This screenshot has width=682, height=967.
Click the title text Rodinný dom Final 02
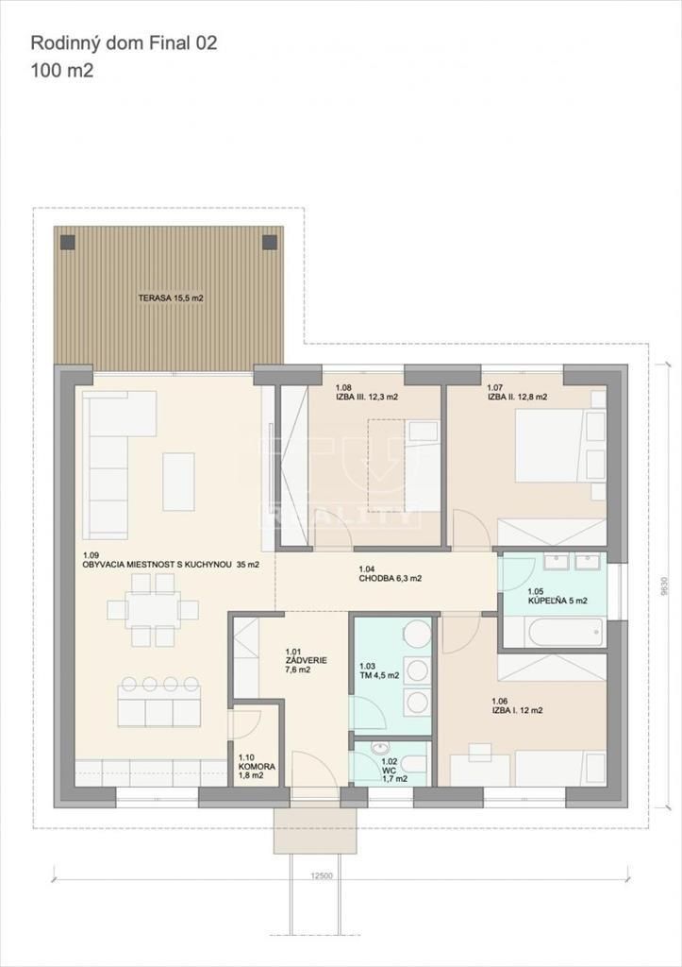coord(124,43)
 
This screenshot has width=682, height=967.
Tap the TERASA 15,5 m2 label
coord(171,297)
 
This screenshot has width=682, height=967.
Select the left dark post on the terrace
coord(68,243)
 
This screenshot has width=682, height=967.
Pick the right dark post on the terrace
coord(270,243)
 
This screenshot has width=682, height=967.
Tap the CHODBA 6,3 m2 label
coord(390,574)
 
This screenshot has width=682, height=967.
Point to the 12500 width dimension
coord(322,876)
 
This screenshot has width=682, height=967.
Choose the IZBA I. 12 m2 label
coord(517,705)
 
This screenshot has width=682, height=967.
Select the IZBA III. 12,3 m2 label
coord(367,393)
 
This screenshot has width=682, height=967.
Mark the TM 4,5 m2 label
coord(379,670)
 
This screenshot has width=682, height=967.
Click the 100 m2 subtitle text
coord(62,71)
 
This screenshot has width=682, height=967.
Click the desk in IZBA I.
coord(480,769)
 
